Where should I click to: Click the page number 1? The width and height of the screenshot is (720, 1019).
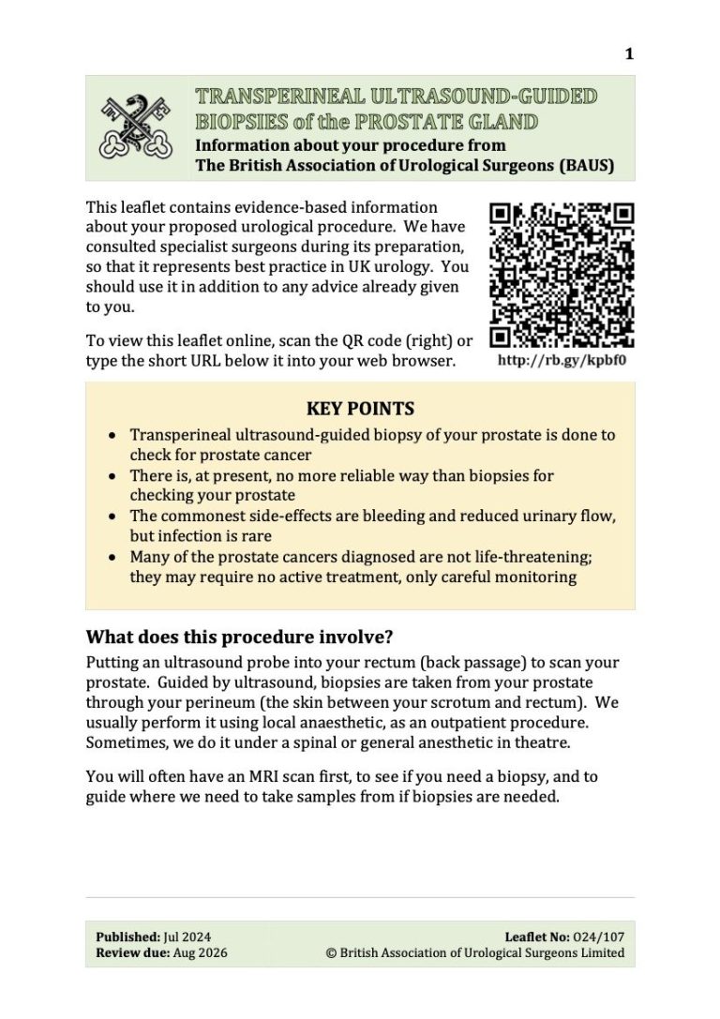pyautogui.click(x=629, y=54)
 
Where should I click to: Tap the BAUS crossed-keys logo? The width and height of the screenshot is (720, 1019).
pyautogui.click(x=137, y=127)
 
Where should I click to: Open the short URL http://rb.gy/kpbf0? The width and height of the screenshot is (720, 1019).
pyautogui.click(x=562, y=360)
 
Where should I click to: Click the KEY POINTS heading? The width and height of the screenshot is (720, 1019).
pyautogui.click(x=360, y=409)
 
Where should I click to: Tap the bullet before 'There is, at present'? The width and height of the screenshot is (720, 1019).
pyautogui.click(x=112, y=476)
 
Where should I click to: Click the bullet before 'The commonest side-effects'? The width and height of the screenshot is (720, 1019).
pyautogui.click(x=112, y=517)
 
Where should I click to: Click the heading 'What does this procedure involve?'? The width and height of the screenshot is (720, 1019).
pyautogui.click(x=239, y=637)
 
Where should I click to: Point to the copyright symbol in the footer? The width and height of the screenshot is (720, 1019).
pyautogui.click(x=330, y=953)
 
